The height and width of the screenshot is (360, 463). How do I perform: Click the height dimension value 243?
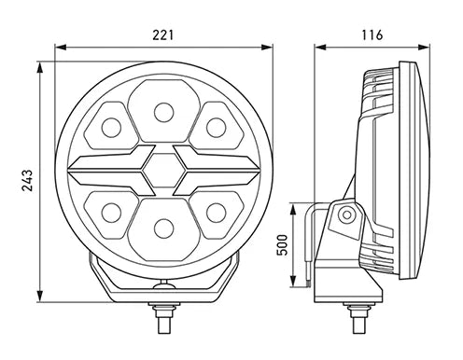[27, 177]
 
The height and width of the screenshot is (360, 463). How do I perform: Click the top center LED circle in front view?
[163, 113]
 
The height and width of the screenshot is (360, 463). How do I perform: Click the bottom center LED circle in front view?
[163, 226]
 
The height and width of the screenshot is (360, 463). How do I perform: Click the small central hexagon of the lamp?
[163, 169]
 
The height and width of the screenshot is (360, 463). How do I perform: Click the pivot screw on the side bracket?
[346, 215]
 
